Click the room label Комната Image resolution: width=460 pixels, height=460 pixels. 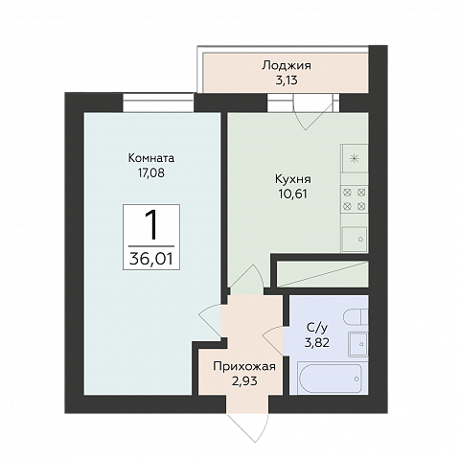tap(151, 158)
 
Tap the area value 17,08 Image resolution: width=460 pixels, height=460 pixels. tap(151, 173)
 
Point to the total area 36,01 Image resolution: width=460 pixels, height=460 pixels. tap(151, 259)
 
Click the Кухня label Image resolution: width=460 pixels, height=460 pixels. tap(293, 179)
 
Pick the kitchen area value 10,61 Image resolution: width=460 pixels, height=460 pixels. tap(293, 194)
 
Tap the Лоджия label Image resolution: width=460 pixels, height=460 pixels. tap(287, 66)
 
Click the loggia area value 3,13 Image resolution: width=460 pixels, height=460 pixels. tap(287, 80)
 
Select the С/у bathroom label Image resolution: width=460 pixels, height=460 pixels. tap(317, 328)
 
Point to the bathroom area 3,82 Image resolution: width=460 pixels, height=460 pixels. tap(317, 342)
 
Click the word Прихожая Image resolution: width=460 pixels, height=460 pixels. tap(244, 366)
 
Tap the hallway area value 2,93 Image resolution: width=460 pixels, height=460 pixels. tap(244, 380)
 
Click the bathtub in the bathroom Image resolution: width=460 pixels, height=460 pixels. tap(333, 379)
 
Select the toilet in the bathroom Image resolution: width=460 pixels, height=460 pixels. tap(356, 317)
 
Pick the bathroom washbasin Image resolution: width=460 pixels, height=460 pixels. tap(358, 344)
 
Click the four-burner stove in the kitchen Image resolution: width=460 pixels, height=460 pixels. tap(355, 199)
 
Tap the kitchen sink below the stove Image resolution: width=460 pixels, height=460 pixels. tap(355, 239)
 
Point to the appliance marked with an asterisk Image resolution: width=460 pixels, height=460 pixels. tap(355, 158)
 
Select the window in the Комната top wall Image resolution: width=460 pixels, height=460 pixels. tap(159, 103)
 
